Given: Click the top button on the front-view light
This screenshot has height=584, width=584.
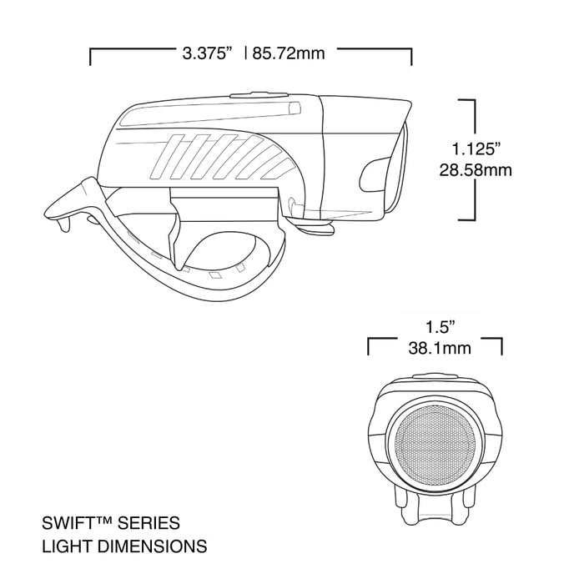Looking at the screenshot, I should pyautogui.click(x=434, y=376).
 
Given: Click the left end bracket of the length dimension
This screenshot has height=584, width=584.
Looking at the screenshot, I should pyautogui.click(x=91, y=56).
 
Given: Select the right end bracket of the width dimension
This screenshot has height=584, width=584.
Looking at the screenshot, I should pyautogui.click(x=501, y=345).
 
